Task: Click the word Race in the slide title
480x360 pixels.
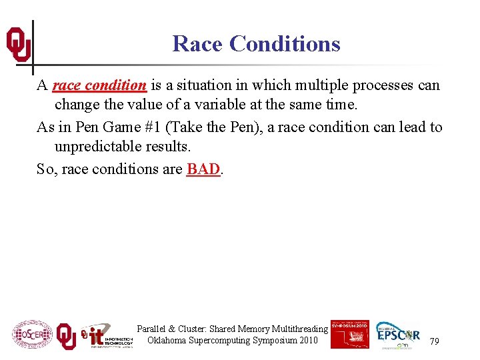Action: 197,44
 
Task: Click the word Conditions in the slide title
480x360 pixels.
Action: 285,44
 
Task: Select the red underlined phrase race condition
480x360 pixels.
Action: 99,85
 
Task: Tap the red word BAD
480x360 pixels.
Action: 203,169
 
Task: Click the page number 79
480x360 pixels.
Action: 434,341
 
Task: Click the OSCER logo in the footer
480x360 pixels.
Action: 31,334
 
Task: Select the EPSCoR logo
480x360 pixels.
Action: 398,334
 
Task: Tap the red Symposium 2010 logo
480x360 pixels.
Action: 349,333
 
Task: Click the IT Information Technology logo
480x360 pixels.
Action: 107,336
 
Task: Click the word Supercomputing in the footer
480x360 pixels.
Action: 221,341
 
